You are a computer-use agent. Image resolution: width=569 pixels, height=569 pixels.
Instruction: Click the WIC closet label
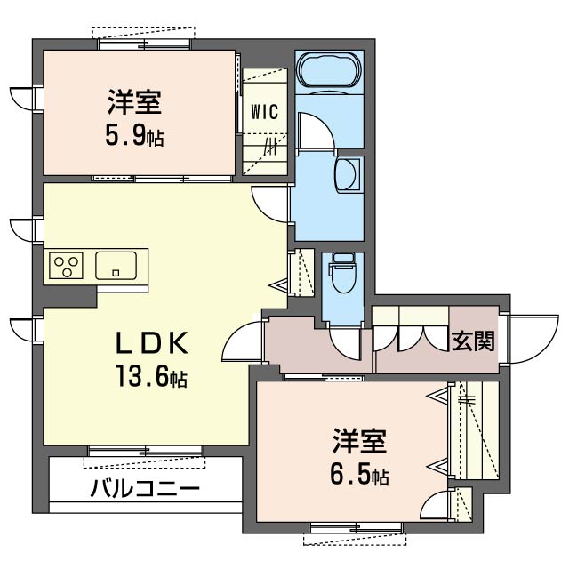pyautogui.click(x=265, y=112)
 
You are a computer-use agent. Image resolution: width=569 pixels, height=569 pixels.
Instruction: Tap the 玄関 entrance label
pyautogui.click(x=473, y=341)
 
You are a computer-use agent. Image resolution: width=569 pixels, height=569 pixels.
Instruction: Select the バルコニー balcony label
pyautogui.click(x=145, y=488)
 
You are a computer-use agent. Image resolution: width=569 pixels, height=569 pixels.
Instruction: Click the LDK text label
pyautogui.click(x=152, y=343)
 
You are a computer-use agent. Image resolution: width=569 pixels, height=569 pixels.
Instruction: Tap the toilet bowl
pyautogui.click(x=342, y=273)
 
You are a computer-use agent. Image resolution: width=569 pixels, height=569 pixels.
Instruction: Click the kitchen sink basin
pyautogui.click(x=116, y=266)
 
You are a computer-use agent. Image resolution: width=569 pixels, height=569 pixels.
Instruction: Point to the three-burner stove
pyautogui.click(x=66, y=266)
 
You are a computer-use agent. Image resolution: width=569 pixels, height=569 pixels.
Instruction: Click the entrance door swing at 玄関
pyautogui.click(x=530, y=339)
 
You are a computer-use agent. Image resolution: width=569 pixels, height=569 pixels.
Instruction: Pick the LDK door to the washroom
pyautogui.click(x=270, y=204)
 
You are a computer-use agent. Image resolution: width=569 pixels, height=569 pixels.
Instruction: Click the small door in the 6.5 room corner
pyautogui.click(x=436, y=505)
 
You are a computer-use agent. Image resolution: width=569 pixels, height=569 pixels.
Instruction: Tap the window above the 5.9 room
pyautogui.click(x=144, y=44)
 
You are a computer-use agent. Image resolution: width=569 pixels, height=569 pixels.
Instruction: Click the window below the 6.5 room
pyautogui.click(x=356, y=527)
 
